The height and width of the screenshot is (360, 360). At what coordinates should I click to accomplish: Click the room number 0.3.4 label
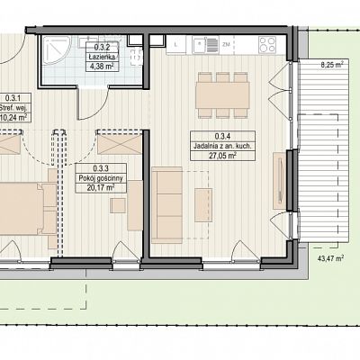pyautogui.click(x=222, y=137)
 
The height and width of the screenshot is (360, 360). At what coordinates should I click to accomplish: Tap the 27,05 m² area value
pyautogui.click(x=222, y=156)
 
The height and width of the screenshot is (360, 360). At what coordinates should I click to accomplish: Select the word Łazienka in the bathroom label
pyautogui.click(x=102, y=57)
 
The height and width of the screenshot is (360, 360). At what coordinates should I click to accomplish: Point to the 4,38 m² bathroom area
pyautogui.click(x=102, y=67)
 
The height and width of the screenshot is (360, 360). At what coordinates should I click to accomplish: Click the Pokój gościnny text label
pyautogui.click(x=101, y=178)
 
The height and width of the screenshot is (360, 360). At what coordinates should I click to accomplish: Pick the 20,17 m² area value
pyautogui.click(x=101, y=188)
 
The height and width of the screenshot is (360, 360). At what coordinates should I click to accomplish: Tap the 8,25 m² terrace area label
pyautogui.click(x=332, y=64)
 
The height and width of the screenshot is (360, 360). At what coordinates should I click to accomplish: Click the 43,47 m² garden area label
pyautogui.click(x=330, y=258)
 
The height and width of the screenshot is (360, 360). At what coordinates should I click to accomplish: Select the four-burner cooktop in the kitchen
pyautogui.click(x=267, y=44)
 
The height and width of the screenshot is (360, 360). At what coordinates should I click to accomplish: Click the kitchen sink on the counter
pyautogui.click(x=205, y=45)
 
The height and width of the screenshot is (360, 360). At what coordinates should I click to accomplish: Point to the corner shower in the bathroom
pyautogui.click(x=57, y=50)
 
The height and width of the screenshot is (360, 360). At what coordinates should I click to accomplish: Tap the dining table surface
pyautogui.click(x=222, y=95)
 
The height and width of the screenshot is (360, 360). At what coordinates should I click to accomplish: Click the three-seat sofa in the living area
pyautogui.click(x=167, y=205)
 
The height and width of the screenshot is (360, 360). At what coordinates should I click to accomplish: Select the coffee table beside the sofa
pyautogui.click(x=203, y=205)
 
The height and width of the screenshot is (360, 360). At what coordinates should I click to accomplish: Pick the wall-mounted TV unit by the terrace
pyautogui.click(x=280, y=181)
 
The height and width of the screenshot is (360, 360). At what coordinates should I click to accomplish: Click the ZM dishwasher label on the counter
pyautogui.click(x=226, y=44)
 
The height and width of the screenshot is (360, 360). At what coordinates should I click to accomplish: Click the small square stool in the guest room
pyautogui.click(x=118, y=205)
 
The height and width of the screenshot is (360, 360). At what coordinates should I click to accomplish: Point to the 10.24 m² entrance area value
pyautogui.click(x=14, y=117)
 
